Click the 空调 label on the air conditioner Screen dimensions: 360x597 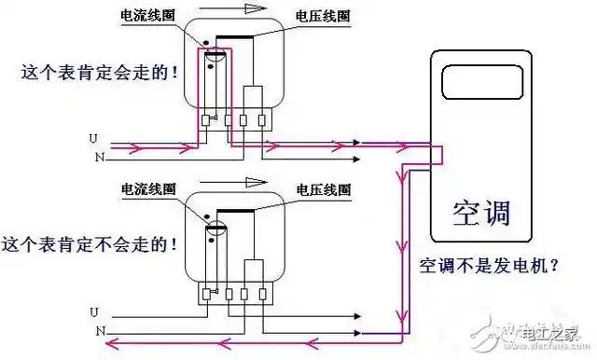481,212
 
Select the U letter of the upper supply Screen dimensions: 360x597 93,139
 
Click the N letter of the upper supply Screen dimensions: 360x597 93,157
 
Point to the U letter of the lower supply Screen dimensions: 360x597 93,311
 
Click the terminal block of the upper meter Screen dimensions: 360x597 233,120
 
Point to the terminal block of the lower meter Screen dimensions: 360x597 233,295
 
